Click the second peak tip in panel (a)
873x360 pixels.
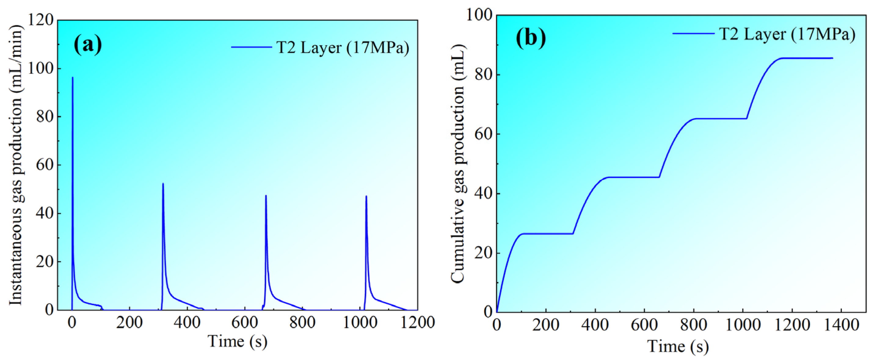pos(163,184)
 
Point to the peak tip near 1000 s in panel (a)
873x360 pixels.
pos(366,196)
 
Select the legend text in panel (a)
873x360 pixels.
pos(343,47)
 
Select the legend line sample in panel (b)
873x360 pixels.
pos(693,34)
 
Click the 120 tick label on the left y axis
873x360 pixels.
pos(40,20)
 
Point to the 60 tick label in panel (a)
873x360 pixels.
pos(45,165)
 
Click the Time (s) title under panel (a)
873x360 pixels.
pos(237,341)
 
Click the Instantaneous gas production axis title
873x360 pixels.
pos(16,165)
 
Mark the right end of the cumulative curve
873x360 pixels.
pos(832,58)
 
